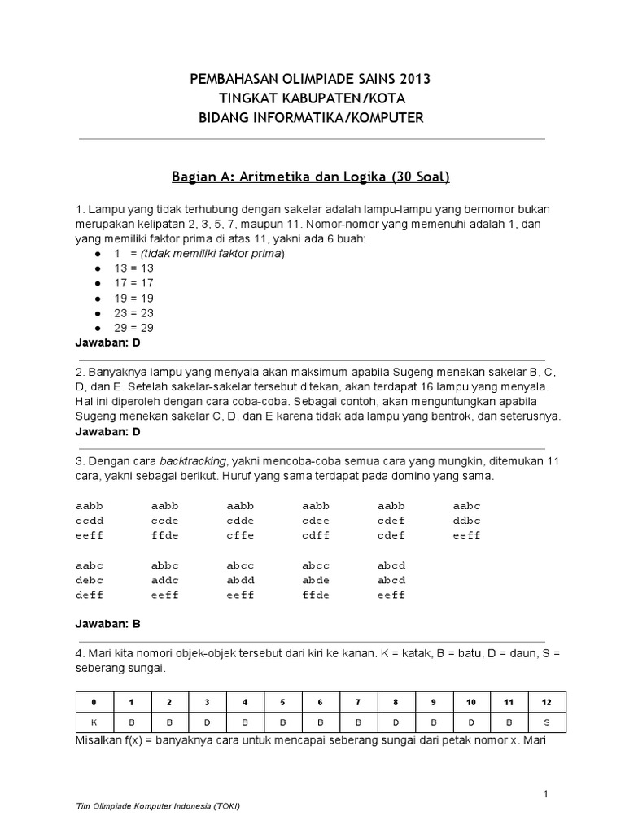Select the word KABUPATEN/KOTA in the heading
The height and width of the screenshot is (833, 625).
pos(355,98)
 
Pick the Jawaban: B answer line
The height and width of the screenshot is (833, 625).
pos(108,624)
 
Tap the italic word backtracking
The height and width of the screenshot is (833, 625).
pos(193,460)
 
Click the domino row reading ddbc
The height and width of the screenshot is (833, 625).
pos(467,520)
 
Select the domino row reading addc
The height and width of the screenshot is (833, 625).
pos(165,580)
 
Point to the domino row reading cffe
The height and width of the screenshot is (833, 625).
pos(241,535)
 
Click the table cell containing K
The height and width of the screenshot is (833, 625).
pos(94,721)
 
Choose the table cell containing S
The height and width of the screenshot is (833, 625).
pos(548,721)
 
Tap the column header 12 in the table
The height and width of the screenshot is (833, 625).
pos(548,701)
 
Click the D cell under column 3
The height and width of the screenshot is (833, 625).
pos(207,721)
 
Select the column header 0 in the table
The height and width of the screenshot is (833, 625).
pos(94,701)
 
